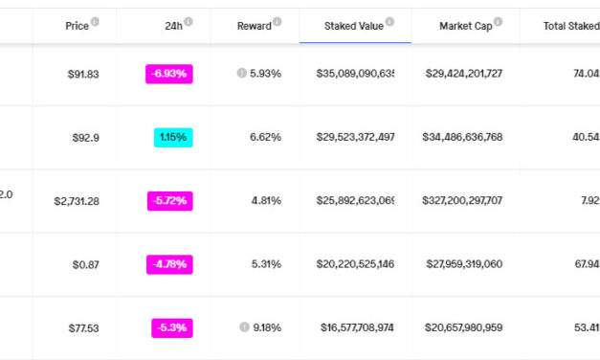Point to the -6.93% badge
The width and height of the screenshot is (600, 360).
point(169,74)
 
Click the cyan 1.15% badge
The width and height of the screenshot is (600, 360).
point(173,137)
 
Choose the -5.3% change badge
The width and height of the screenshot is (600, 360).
point(172,328)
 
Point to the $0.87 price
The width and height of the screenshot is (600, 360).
point(85,264)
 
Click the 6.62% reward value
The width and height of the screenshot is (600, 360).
point(265,137)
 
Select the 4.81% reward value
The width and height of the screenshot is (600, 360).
point(265,201)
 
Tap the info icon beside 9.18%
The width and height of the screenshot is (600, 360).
point(243,328)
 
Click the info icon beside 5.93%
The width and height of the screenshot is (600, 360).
point(242,74)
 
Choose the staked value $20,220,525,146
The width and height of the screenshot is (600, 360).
point(355,264)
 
